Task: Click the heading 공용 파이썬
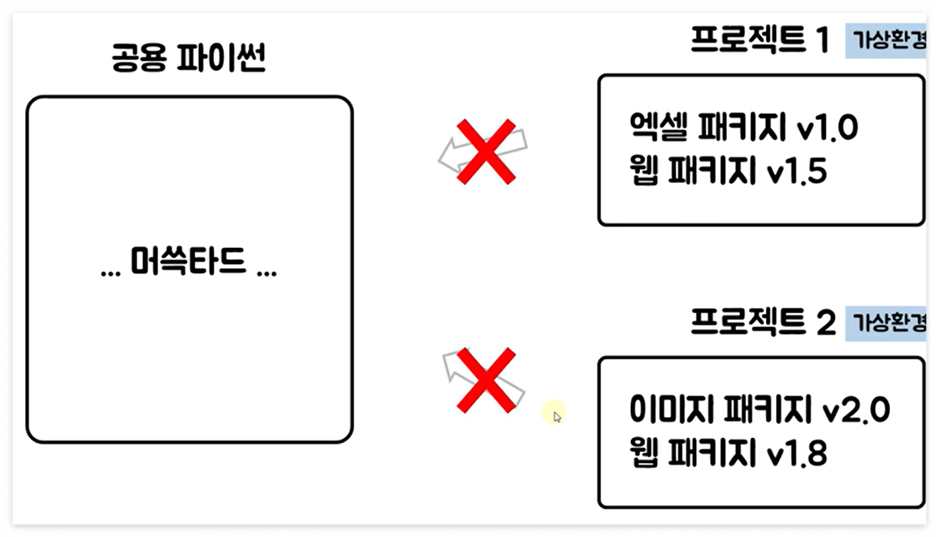coord(187,59)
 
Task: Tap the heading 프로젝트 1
coord(760,39)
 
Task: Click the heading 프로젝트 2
coord(763,322)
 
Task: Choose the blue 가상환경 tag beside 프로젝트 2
coord(887,322)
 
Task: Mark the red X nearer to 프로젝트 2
coord(487,380)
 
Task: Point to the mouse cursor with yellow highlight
coord(555,414)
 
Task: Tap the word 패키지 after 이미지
coord(767,410)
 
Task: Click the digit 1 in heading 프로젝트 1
coord(822,40)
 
